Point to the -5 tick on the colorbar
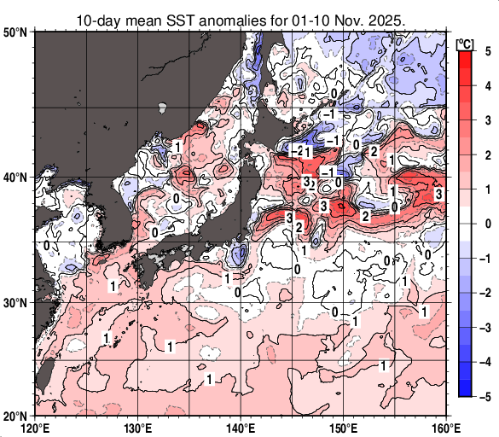click(484, 396)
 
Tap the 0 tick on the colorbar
click(485, 224)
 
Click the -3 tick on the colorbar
click(484, 327)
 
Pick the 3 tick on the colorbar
click(485, 120)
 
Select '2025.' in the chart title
click(385, 18)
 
